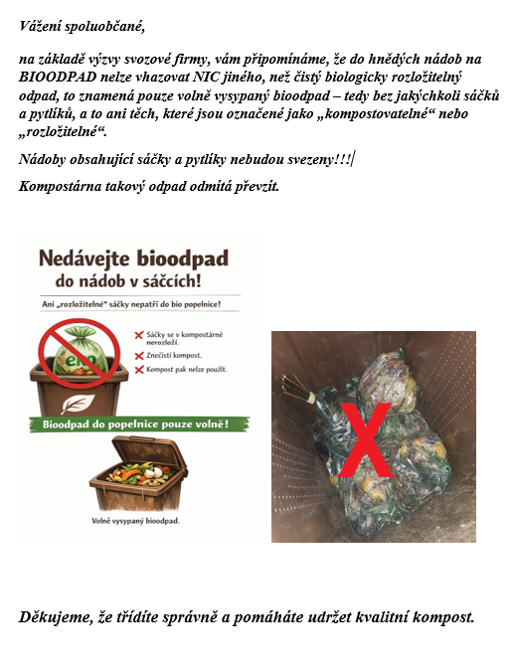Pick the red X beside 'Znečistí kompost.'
pyautogui.click(x=140, y=355)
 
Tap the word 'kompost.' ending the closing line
pyautogui.click(x=444, y=618)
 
